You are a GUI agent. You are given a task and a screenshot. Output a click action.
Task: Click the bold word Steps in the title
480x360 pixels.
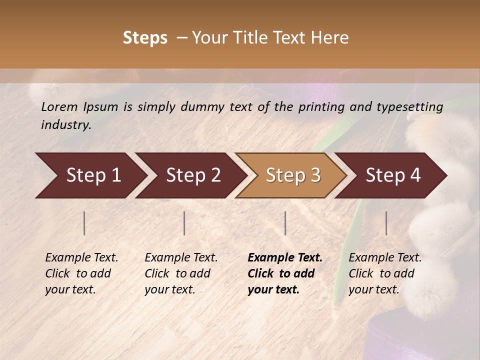[145, 38]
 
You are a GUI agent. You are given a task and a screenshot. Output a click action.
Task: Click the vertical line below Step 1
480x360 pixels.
[84, 223]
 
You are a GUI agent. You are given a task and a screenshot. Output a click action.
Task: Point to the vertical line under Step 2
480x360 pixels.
[184, 223]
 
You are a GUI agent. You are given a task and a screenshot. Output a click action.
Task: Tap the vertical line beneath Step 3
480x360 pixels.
[285, 223]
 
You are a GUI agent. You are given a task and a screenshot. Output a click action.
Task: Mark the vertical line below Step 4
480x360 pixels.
[386, 223]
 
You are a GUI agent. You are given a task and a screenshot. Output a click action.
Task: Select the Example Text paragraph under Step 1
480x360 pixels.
[81, 273]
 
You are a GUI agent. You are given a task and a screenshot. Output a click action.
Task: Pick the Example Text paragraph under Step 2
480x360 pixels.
[181, 273]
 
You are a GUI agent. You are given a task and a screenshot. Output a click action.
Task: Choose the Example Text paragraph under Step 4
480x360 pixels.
[385, 273]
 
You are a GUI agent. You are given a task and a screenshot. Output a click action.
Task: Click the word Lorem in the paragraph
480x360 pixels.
[59, 107]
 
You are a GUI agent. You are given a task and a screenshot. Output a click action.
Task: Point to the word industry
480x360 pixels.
[66, 125]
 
